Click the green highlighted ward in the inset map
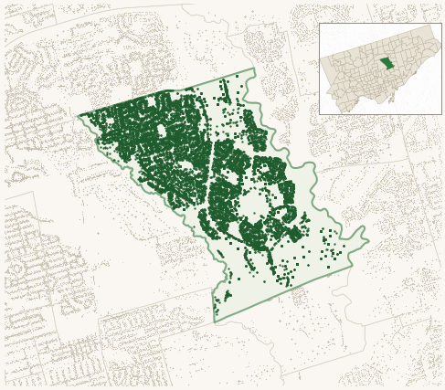387,63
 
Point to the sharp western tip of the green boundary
78,116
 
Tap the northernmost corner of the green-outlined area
253,69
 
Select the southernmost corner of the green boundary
215,322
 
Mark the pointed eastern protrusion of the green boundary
368,241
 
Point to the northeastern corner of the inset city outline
430,26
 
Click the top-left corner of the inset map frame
320,24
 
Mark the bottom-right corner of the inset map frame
441,114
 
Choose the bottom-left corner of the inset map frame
320,114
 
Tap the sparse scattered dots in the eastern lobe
334,242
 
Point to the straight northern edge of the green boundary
164,91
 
